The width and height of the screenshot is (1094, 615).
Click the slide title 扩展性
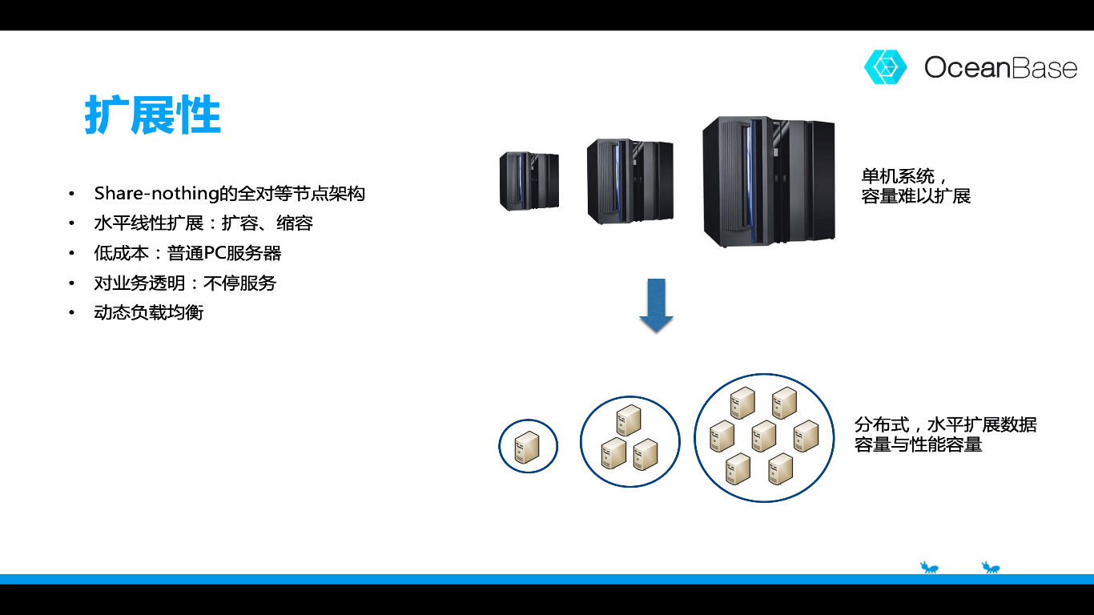tap(153, 117)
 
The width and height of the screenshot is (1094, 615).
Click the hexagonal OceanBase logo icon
tap(885, 67)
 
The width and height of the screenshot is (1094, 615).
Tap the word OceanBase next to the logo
tap(1000, 67)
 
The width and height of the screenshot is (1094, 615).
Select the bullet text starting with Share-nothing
tap(229, 193)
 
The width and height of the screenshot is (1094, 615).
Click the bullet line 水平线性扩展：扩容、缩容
tap(203, 223)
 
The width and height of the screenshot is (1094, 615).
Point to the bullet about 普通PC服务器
tap(187, 253)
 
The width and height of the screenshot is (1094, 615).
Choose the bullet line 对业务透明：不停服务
tap(185, 283)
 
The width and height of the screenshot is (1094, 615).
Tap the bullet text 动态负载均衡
tap(149, 312)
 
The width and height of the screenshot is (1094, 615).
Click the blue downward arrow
tap(657, 305)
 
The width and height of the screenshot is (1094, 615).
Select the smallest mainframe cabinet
tap(529, 181)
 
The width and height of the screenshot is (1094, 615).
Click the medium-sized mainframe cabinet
tap(629, 182)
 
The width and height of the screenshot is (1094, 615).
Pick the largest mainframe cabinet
tap(768, 183)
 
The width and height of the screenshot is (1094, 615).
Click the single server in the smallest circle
tap(527, 447)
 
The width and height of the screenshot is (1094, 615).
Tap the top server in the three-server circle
tap(629, 420)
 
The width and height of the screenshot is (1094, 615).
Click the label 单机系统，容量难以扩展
tap(915, 187)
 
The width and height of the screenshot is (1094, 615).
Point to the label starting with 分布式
tap(945, 435)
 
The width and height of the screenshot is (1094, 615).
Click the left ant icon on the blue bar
tap(929, 568)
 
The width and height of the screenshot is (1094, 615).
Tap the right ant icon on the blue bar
tap(991, 568)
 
